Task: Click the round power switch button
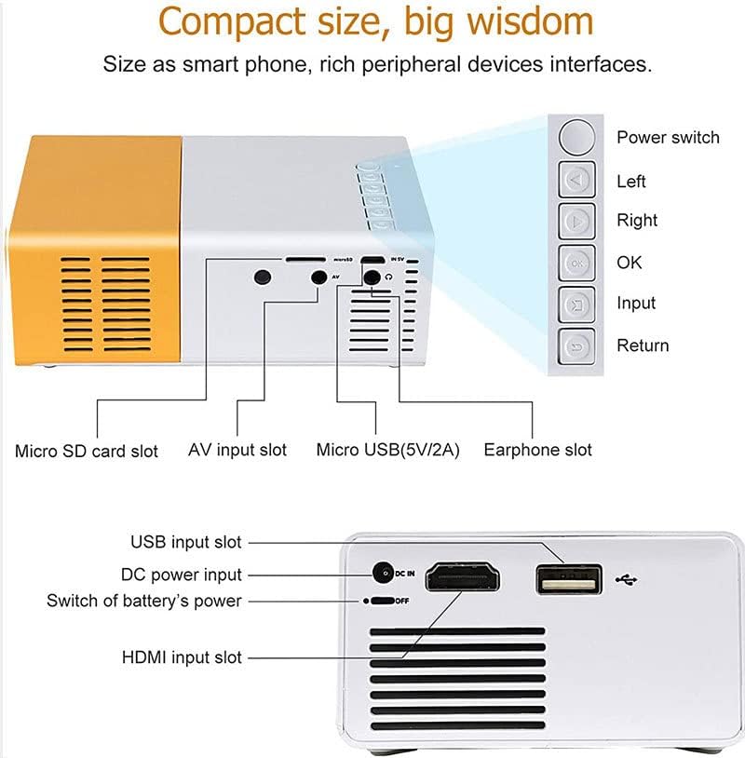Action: point(577,137)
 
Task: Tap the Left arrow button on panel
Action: point(577,180)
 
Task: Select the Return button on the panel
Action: point(577,347)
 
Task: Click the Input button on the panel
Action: point(577,305)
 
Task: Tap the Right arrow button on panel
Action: point(577,222)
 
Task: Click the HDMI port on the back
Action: point(463,577)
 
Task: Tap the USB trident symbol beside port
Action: point(628,579)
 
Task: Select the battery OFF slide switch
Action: point(382,601)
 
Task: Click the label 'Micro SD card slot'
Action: point(87,452)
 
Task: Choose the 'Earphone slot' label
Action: point(537,450)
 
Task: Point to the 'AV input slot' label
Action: point(237,450)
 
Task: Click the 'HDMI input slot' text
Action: point(182,657)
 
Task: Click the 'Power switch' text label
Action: point(668,138)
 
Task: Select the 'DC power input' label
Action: point(182,575)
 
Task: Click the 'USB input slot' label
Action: point(185,542)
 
